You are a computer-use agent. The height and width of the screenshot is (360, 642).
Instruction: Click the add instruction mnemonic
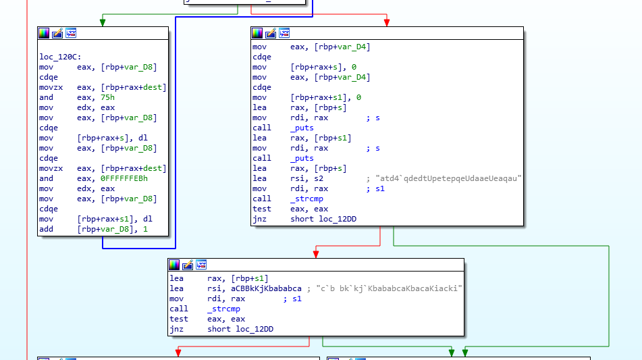click(46, 229)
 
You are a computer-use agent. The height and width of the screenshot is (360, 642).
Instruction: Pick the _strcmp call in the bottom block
click(223, 309)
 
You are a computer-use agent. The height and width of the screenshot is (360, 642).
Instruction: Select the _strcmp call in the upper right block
click(306, 199)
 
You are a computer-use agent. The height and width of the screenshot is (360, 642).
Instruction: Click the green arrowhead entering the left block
click(103, 22)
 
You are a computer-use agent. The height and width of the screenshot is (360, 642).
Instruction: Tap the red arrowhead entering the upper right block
click(387, 22)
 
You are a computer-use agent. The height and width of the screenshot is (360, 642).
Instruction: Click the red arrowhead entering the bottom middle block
click(315, 253)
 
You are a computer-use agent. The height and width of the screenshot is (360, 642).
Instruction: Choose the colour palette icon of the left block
click(44, 33)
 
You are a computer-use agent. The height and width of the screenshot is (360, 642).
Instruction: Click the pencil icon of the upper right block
click(271, 33)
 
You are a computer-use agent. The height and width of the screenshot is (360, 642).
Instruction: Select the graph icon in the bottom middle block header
click(200, 264)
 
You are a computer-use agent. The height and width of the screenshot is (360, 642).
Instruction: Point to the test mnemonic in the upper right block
click(261, 209)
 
